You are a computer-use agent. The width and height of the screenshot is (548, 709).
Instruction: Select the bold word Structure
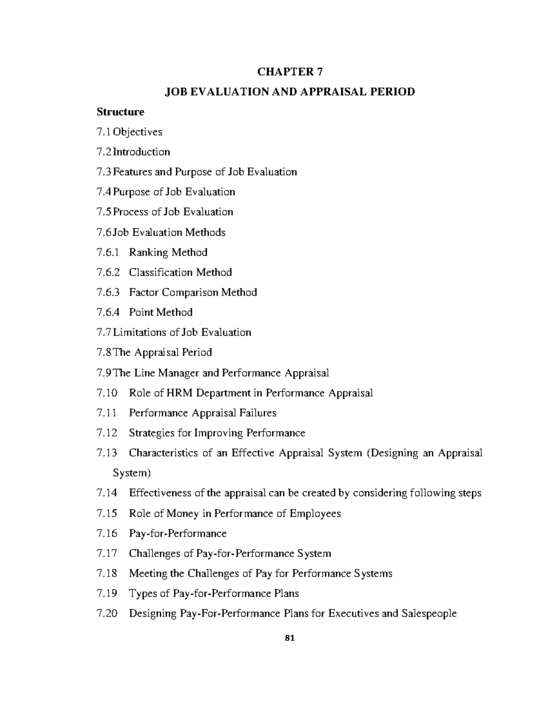[x=120, y=112]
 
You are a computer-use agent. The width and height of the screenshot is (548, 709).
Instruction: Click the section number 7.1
[x=104, y=132]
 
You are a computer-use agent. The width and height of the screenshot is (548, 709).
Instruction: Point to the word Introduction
[x=142, y=152]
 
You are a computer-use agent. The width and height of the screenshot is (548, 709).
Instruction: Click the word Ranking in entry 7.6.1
[x=148, y=252]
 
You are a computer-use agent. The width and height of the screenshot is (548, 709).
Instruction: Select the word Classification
[x=161, y=273]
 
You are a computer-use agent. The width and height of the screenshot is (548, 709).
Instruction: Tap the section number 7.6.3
[x=108, y=292]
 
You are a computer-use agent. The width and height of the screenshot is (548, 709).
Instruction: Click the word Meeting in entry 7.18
[x=148, y=573]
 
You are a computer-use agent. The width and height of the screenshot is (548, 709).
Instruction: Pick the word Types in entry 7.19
[x=142, y=593]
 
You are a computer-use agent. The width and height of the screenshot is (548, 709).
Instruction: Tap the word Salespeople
[x=429, y=614]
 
